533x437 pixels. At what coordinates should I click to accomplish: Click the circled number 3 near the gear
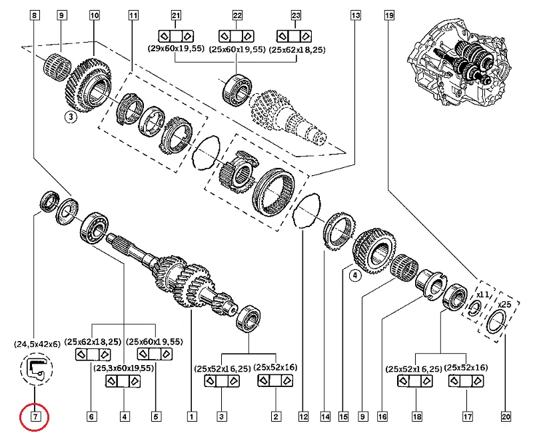71,118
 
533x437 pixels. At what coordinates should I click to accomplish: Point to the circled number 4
354,275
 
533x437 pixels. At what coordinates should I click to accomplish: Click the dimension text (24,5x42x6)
37,344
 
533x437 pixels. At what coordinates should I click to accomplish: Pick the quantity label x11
482,292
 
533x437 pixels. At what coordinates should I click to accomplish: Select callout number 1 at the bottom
191,418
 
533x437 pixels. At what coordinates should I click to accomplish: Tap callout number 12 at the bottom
303,418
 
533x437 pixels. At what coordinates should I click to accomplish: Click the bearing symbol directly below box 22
237,35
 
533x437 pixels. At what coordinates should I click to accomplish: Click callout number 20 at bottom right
506,418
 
